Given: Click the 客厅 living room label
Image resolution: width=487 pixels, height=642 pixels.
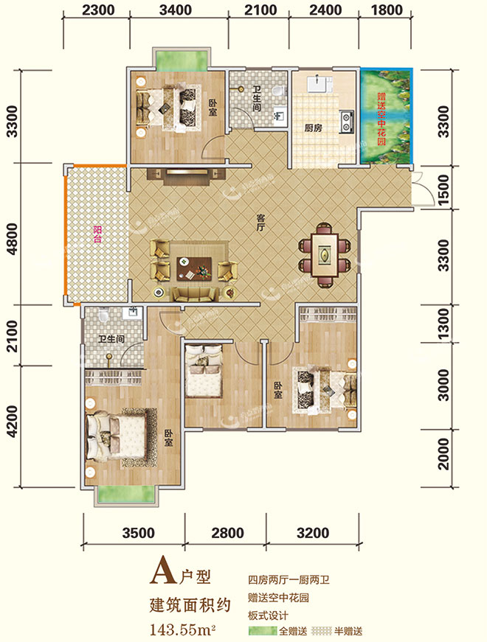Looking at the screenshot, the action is click(260, 222).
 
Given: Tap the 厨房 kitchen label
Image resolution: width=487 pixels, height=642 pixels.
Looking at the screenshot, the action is click(313, 128).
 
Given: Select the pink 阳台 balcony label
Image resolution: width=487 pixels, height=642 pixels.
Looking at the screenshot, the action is click(97, 234).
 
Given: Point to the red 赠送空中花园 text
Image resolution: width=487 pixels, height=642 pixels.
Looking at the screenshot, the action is click(381, 119).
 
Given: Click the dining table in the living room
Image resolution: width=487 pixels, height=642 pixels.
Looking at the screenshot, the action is click(325, 255).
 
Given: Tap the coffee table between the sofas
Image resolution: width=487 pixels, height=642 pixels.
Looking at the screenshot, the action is click(194, 268).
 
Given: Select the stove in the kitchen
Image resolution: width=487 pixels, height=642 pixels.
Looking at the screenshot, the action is click(347, 122).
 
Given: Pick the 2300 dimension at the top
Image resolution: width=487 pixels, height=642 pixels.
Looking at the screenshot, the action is click(98, 10).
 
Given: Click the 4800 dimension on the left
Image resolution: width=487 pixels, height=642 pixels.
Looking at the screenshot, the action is click(13, 239).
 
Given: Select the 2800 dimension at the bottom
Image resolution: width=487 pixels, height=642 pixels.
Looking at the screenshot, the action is click(227, 533).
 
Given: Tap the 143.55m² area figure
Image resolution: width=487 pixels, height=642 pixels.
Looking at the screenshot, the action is click(183, 629).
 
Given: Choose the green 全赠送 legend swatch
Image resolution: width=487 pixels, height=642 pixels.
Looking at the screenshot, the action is click(263, 630).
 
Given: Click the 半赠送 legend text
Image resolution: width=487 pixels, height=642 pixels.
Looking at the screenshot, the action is click(348, 631).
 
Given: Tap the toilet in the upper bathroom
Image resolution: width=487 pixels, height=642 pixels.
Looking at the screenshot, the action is click(279, 91).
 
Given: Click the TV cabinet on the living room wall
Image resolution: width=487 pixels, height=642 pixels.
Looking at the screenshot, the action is click(187, 175).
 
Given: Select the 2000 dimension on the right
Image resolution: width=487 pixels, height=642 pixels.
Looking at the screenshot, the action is click(443, 453).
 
